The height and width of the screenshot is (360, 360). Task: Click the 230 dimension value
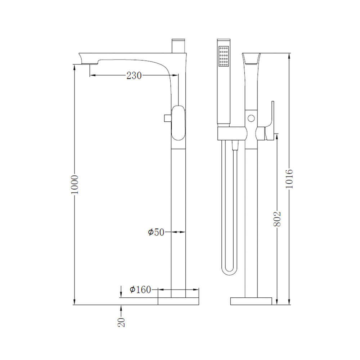134,75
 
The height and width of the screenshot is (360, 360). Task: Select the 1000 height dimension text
75,185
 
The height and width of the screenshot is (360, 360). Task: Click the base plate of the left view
179,301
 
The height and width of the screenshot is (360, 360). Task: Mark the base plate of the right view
251,301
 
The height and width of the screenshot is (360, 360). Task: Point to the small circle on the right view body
251,118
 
